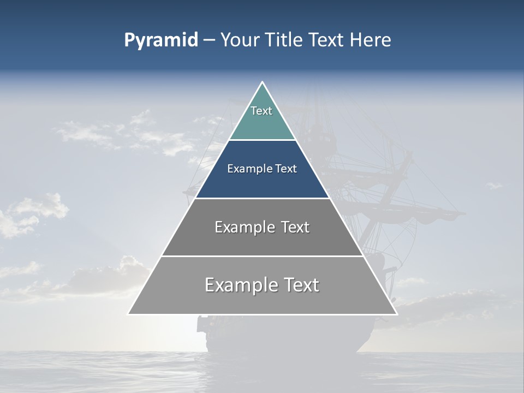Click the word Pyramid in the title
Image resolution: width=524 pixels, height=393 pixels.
(x=161, y=40)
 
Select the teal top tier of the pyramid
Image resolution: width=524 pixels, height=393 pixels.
(x=262, y=123)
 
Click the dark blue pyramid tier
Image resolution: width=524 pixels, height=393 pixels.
(x=262, y=183)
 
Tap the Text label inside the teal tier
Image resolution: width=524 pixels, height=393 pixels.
(x=261, y=111)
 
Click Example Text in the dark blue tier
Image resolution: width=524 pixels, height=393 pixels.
(x=262, y=169)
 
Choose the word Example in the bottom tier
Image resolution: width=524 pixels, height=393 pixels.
(x=240, y=285)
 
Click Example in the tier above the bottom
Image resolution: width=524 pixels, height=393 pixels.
(x=243, y=227)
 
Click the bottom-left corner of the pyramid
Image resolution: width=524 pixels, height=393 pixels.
(x=129, y=314)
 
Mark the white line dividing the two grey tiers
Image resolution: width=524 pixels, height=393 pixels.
(x=262, y=256)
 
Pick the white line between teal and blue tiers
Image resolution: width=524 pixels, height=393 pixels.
(x=262, y=140)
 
